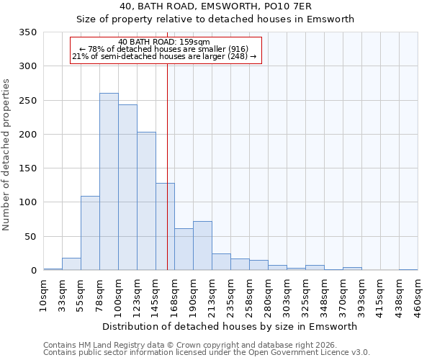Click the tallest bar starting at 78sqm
click(109, 181)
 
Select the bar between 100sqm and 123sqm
click(127, 187)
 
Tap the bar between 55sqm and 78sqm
click(90, 233)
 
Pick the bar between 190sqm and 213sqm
click(202, 246)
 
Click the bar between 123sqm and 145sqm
click(146, 201)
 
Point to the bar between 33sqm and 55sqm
click(71, 264)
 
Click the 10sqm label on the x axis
click(44, 294)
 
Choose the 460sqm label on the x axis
click(418, 294)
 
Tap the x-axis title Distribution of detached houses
click(230, 326)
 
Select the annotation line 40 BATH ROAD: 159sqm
click(164, 42)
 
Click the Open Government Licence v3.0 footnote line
click(207, 353)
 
